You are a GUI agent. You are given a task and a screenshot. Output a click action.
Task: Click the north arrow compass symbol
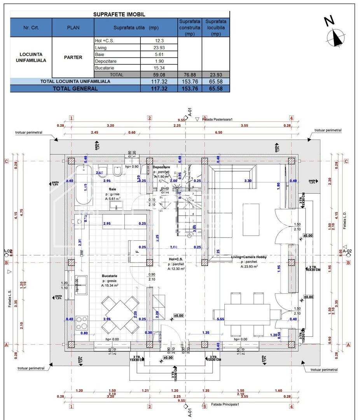click(x=335, y=38)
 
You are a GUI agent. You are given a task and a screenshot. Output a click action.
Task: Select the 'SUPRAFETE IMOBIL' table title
click(x=119, y=14)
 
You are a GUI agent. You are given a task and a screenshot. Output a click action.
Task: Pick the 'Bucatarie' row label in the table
click(x=103, y=68)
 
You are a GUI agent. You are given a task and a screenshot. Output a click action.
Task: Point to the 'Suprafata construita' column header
click(x=190, y=28)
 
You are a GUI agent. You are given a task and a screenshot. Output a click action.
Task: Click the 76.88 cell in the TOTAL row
click(x=190, y=75)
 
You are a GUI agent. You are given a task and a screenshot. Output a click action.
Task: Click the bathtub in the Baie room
click(x=83, y=185)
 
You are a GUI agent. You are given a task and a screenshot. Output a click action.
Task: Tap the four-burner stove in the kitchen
click(x=82, y=322)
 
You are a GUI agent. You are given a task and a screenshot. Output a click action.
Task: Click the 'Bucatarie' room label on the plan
click(x=110, y=276)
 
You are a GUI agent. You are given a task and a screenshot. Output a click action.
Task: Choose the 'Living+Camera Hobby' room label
click(x=249, y=257)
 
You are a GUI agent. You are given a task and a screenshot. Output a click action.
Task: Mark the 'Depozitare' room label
click(x=161, y=167)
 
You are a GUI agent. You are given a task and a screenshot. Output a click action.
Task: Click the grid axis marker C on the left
click(x=6, y=161)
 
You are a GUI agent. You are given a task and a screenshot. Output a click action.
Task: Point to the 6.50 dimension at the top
click(x=218, y=132)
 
